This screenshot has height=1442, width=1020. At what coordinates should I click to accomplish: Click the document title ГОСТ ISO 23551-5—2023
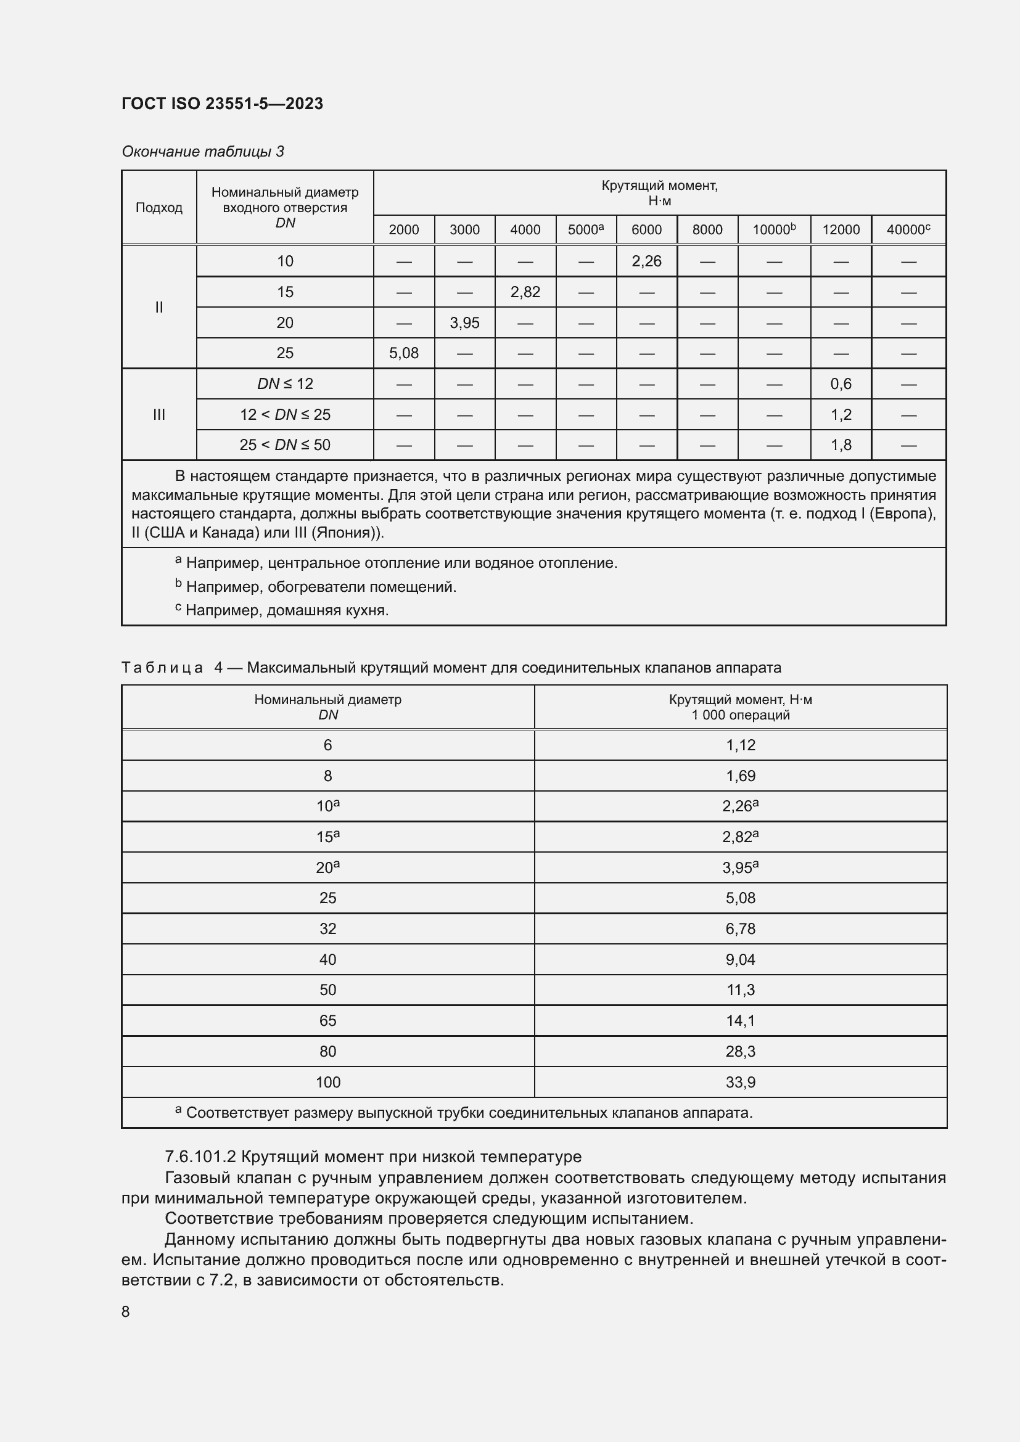pyautogui.click(x=222, y=104)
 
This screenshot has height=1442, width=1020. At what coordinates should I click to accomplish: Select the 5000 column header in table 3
pyautogui.click(x=585, y=230)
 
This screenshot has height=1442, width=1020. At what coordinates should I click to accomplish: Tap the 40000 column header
pyautogui.click(x=908, y=230)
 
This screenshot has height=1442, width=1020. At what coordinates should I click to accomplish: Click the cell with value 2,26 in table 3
pyautogui.click(x=646, y=261)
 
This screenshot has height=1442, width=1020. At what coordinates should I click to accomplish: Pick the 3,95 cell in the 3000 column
pyautogui.click(x=464, y=323)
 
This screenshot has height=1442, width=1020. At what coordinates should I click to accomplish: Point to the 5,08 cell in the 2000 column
pyautogui.click(x=403, y=353)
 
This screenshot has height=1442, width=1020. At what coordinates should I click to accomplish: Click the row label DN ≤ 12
pyautogui.click(x=284, y=383)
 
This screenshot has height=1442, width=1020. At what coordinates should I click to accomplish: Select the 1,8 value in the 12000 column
pyautogui.click(x=841, y=445)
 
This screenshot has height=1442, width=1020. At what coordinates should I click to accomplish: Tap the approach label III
pyautogui.click(x=159, y=414)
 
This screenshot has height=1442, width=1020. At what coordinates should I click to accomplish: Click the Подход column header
pyautogui.click(x=159, y=208)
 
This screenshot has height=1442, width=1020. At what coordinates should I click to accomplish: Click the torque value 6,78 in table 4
pyautogui.click(x=740, y=928)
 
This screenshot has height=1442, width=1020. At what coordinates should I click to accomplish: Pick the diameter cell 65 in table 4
pyautogui.click(x=327, y=1020)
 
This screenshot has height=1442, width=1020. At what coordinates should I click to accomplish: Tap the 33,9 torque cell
pyautogui.click(x=740, y=1082)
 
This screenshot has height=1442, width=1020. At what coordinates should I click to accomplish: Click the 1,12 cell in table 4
pyautogui.click(x=740, y=745)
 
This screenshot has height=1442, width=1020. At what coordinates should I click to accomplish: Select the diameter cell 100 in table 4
pyautogui.click(x=327, y=1082)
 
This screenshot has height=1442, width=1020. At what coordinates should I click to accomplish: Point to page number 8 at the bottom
pyautogui.click(x=126, y=1311)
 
